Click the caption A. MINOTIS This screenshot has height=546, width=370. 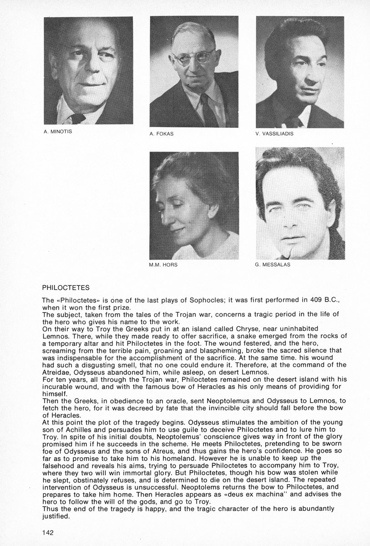[59, 132]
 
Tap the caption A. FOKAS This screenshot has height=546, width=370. [161, 134]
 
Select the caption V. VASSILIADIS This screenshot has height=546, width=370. [274, 134]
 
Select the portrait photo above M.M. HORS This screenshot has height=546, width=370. [194, 205]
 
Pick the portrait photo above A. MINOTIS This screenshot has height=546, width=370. [88, 71]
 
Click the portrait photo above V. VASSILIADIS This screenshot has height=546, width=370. [299, 72]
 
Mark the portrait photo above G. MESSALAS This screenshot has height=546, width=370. [299, 203]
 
